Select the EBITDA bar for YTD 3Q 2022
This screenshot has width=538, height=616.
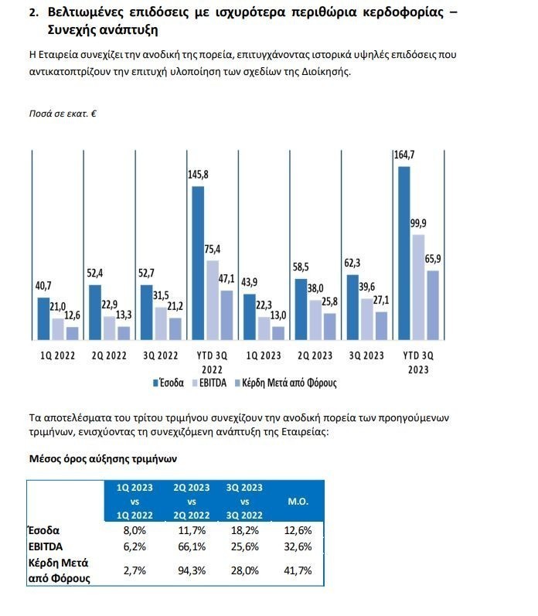[212, 300]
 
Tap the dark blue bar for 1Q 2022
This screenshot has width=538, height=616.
[43, 318]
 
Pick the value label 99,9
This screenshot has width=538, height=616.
[418, 223]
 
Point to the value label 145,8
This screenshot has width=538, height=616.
[198, 175]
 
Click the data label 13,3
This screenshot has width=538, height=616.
[124, 315]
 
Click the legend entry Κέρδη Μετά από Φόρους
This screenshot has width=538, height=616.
[284, 382]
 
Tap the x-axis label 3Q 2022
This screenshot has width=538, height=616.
[161, 356]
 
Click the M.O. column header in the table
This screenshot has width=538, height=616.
[298, 502]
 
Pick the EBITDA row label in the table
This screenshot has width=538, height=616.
[46, 546]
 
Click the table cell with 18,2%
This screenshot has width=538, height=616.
[245, 530]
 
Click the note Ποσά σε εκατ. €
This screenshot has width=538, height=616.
[61, 114]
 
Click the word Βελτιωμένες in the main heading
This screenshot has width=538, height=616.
[90, 13]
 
